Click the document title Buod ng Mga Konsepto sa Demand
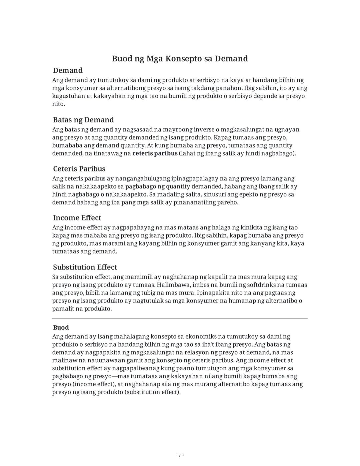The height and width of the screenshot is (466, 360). click(180, 59)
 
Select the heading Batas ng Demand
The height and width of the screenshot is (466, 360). click(83, 120)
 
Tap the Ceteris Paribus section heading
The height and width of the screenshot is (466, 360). click(79, 169)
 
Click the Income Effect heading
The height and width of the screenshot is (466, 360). click(77, 218)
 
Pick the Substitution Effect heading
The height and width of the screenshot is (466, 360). click(85, 267)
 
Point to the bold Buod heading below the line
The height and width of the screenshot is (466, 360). click(61, 328)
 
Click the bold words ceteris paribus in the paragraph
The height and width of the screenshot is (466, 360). click(155, 153)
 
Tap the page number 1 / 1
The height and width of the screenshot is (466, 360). click(180, 455)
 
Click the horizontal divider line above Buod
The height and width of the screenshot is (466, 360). click(180, 319)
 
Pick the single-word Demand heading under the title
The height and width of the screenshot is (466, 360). click(68, 70)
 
